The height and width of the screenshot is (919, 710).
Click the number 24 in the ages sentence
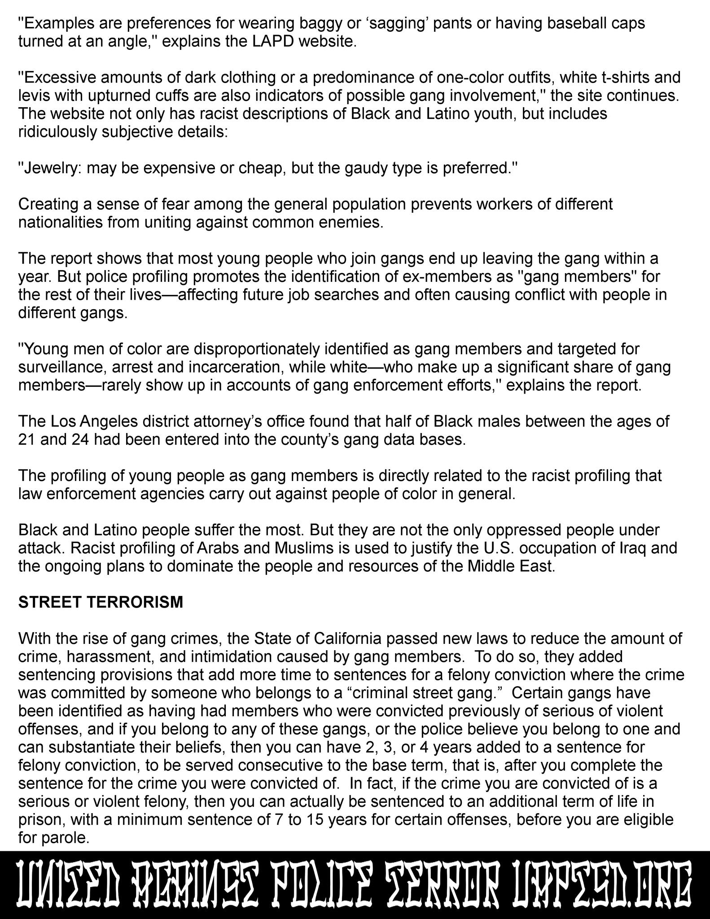81,439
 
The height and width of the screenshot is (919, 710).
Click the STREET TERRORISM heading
101,602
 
